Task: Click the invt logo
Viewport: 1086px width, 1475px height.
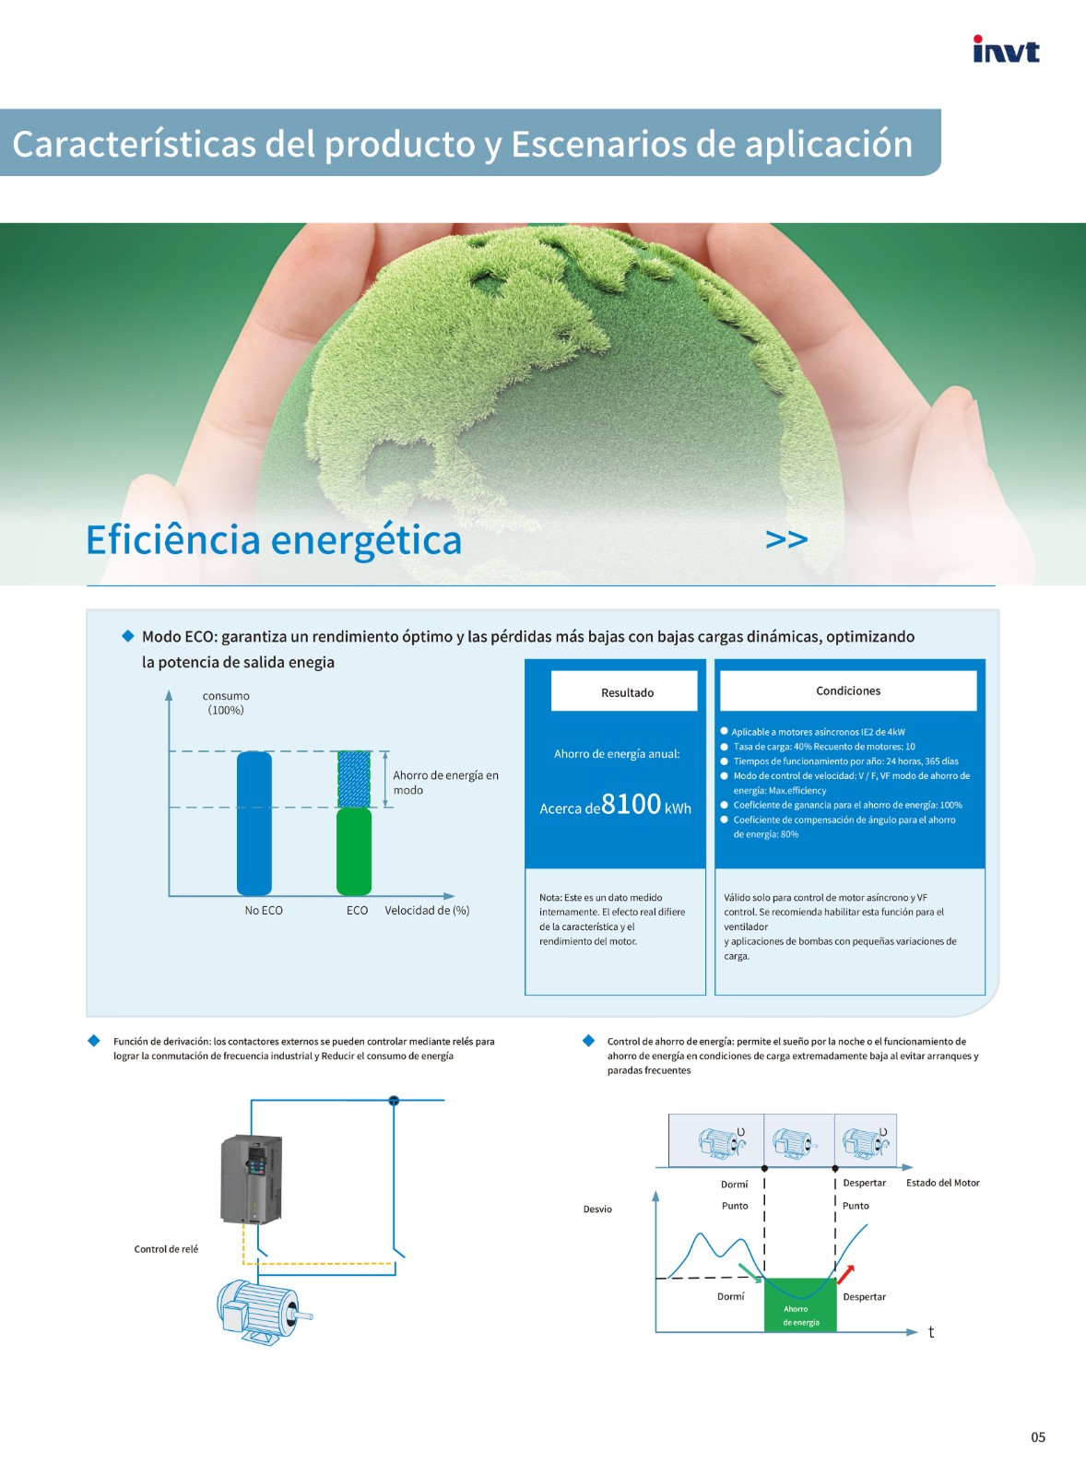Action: coord(1006,49)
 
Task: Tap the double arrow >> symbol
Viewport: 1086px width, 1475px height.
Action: coord(786,539)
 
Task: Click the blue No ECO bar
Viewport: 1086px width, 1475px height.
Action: coord(254,823)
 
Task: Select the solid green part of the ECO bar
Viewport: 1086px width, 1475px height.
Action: coord(354,852)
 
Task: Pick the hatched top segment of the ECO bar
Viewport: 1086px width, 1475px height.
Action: coord(354,780)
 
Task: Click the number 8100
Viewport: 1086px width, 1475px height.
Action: coord(631,804)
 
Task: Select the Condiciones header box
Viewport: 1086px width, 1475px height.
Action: coord(848,690)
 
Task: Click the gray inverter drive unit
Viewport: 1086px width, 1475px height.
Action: coord(251,1179)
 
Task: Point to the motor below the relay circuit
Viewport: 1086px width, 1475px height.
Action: coord(264,1310)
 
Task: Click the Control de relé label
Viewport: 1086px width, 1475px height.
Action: coord(166,1249)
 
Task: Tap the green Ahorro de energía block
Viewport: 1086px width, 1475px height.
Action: coord(800,1305)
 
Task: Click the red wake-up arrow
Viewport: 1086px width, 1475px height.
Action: coord(846,1274)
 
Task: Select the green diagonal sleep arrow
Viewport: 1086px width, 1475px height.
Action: coord(750,1273)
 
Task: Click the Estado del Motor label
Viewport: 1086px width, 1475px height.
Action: coord(942,1183)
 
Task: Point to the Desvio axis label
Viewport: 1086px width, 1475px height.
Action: coord(597,1209)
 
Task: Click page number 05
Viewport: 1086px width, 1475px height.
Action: coord(1038,1437)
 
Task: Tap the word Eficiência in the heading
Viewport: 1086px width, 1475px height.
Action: coord(173,540)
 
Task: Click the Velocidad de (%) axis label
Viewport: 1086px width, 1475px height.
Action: coord(427,910)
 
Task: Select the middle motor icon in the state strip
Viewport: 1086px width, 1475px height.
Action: coord(795,1142)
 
